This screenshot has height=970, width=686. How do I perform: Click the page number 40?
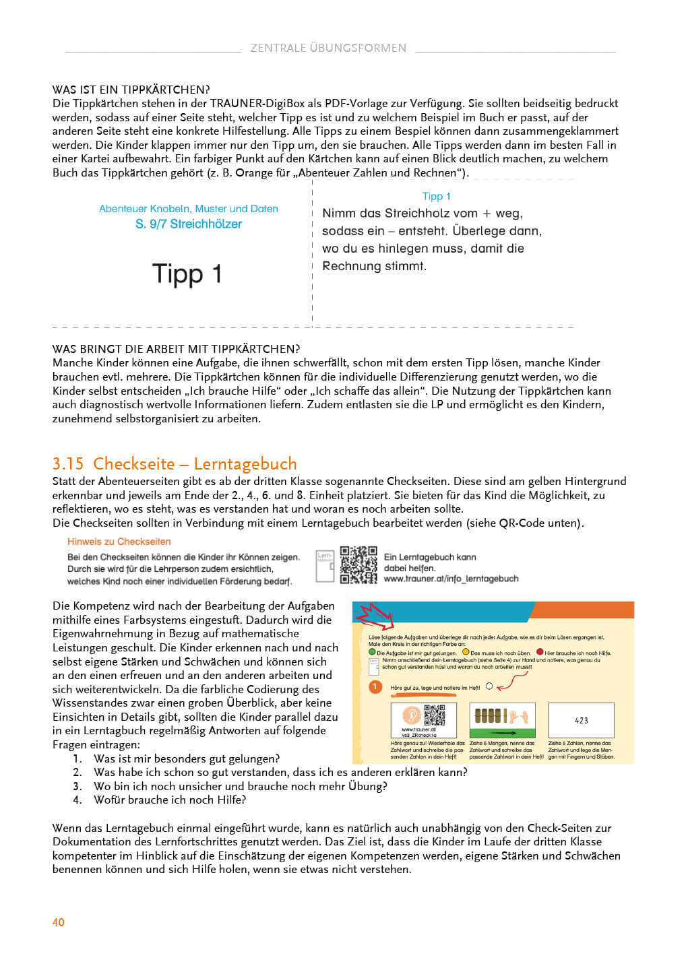[x=59, y=922]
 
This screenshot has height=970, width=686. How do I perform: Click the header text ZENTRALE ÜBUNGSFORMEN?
[x=328, y=48]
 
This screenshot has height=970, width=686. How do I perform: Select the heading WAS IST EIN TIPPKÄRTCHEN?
[x=131, y=90]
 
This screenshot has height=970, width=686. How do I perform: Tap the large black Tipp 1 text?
[x=187, y=274]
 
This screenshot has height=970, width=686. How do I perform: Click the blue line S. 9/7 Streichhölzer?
[x=189, y=224]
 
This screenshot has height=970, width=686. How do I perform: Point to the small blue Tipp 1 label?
[x=436, y=196]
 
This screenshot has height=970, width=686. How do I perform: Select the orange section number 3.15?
[x=68, y=464]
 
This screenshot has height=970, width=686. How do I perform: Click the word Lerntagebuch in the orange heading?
[x=245, y=464]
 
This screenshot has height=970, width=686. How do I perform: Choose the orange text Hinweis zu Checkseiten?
[x=119, y=542]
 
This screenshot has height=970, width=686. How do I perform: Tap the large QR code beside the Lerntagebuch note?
[x=358, y=564]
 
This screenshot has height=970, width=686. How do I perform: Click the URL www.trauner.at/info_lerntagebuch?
[x=451, y=579]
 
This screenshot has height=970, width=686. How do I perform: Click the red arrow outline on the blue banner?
[x=375, y=614]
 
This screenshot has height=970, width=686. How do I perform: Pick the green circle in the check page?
[x=372, y=652]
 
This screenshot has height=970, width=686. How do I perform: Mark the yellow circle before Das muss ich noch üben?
[x=466, y=652]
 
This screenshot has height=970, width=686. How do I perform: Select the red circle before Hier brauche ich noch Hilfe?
[x=540, y=652]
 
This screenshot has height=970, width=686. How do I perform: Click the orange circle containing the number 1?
[x=375, y=686]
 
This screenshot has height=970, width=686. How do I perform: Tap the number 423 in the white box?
[x=581, y=720]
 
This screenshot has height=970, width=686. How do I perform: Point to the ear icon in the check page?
[x=411, y=715]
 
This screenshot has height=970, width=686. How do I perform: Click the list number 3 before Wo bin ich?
[x=77, y=786]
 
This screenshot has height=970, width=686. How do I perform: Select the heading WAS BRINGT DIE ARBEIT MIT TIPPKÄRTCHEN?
[x=176, y=349]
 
